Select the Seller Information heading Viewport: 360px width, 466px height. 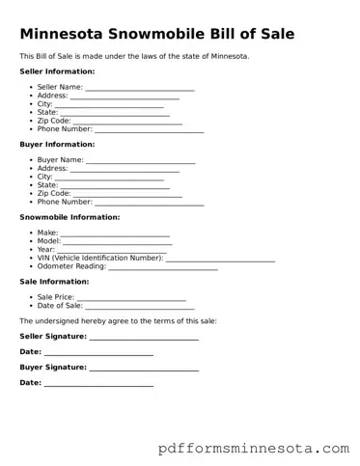[57, 71]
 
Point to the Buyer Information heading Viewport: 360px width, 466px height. [57, 144]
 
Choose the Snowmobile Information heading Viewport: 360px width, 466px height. [69, 217]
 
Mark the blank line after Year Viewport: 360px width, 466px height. [111, 251]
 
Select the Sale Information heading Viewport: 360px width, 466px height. [54, 282]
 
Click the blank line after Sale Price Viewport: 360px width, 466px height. [131, 299]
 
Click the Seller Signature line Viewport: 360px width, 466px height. [144, 338]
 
